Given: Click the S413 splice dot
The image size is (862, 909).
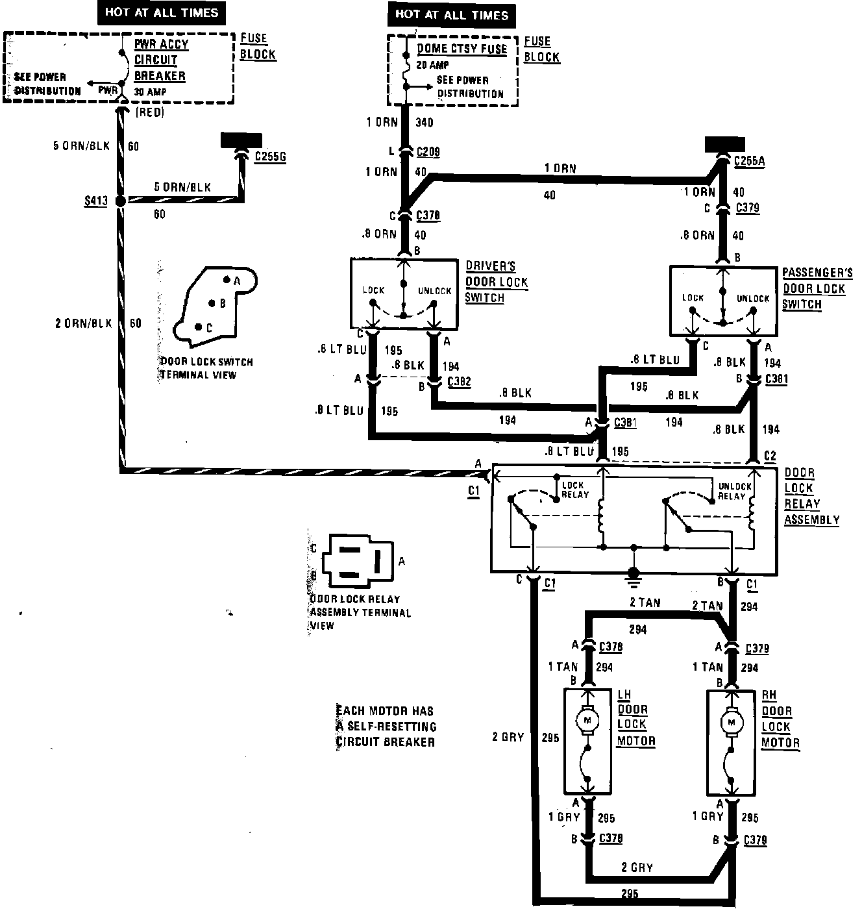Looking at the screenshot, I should click(x=120, y=202).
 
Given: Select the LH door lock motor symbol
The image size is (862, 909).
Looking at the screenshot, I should click(x=588, y=721).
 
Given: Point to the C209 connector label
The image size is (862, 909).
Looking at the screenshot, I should click(x=428, y=152).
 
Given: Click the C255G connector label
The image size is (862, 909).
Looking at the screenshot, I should click(x=270, y=156).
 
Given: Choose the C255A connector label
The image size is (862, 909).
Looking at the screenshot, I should click(x=749, y=162).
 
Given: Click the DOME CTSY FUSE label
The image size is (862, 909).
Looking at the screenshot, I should click(x=462, y=49).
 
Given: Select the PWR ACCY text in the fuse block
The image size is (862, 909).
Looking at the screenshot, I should click(x=161, y=45).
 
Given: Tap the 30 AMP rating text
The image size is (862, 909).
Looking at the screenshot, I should click(x=150, y=92).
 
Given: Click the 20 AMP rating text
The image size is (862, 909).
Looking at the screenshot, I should click(x=434, y=65).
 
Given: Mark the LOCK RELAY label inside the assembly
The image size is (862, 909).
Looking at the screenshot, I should click(x=574, y=490).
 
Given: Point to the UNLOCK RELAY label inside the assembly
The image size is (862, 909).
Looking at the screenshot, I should click(x=734, y=491).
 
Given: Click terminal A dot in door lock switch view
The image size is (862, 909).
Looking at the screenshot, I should click(x=227, y=280).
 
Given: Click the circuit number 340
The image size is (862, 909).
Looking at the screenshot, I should click(x=423, y=122).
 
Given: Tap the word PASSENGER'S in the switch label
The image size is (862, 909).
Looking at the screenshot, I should click(x=817, y=273).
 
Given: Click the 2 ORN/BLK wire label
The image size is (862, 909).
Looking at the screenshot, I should click(x=83, y=323).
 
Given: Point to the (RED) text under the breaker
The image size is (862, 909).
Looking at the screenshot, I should click(x=150, y=112).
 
